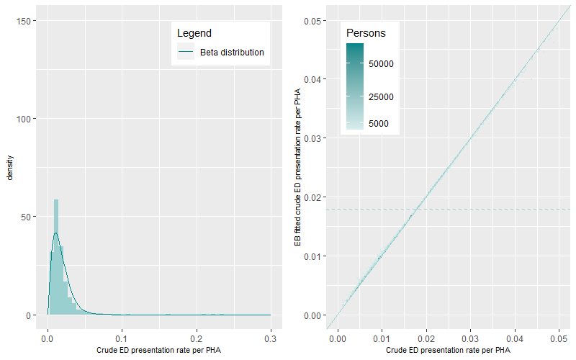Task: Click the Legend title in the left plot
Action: tap(194, 33)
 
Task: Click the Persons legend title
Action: tap(366, 33)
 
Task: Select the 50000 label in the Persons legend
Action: tap(381, 63)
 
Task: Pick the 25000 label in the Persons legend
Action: tap(381, 96)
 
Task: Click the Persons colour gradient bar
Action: tap(355, 86)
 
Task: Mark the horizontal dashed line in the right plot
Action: tap(504, 209)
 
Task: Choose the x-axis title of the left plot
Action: tap(159, 351)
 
